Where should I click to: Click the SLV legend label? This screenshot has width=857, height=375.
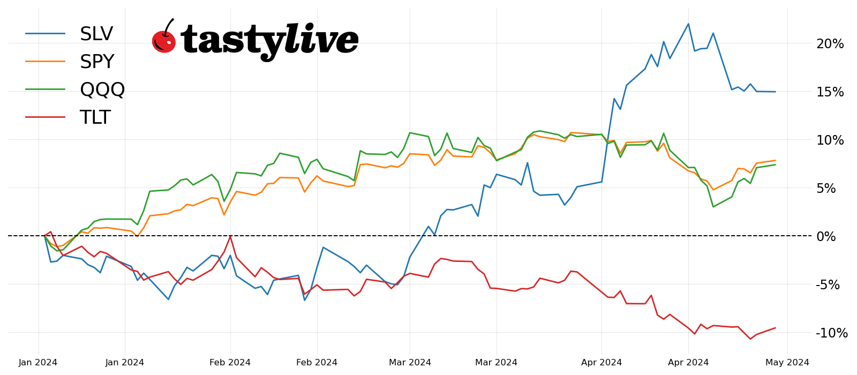[96, 34]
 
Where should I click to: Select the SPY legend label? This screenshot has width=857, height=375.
[97, 62]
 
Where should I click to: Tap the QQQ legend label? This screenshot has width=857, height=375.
[102, 90]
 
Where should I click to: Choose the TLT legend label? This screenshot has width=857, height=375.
[95, 118]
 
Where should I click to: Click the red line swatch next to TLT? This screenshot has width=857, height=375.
[46, 117]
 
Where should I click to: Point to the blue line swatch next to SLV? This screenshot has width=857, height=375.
[46, 34]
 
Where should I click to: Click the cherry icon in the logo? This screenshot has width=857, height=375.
[164, 39]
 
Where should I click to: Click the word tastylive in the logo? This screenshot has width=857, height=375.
[269, 40]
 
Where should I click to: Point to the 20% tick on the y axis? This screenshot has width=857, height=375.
[830, 44]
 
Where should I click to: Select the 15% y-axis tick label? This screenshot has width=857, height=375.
[830, 92]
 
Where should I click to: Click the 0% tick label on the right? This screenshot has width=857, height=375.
[826, 237]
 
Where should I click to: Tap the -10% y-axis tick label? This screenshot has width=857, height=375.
[831, 333]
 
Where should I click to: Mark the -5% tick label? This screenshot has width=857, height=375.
[828, 285]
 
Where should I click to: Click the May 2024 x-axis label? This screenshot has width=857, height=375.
[787, 363]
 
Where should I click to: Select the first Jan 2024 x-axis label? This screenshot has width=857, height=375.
[38, 363]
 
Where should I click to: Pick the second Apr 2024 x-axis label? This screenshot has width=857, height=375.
[688, 363]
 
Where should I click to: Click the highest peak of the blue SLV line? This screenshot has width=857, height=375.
[688, 24]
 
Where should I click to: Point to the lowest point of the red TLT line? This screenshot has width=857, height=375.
[750, 339]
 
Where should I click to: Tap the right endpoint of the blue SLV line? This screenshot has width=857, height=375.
[775, 92]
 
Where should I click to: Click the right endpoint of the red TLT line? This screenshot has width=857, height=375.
[775, 328]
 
